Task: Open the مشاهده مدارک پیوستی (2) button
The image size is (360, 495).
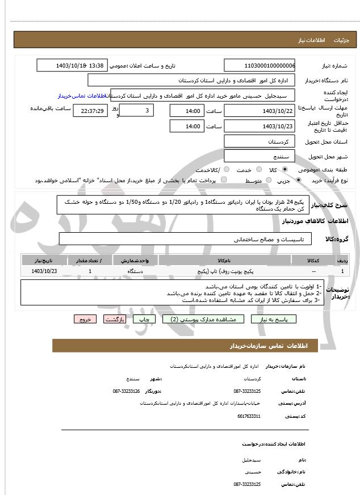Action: pyautogui.click(x=203, y=320)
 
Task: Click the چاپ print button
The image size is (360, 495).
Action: pyautogui.click(x=144, y=320)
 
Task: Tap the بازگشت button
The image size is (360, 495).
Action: pyautogui.click(x=115, y=320)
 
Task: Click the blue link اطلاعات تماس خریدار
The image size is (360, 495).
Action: pyautogui.click(x=82, y=96)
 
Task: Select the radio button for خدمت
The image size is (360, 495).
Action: pyautogui.click(x=258, y=170)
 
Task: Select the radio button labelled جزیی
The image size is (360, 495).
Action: pyautogui.click(x=298, y=181)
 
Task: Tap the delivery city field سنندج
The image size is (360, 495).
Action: pyautogui.click(x=259, y=156)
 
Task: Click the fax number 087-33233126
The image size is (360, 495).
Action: pyautogui.click(x=126, y=391)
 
